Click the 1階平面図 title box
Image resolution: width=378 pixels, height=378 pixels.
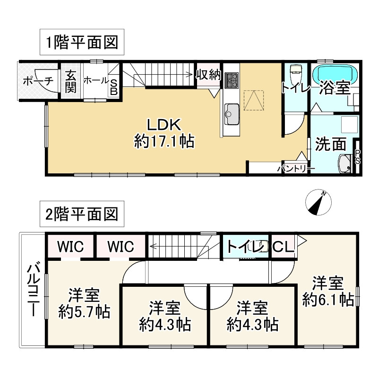82,42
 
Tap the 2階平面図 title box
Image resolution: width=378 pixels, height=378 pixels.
82,214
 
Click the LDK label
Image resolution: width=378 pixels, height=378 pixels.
164,125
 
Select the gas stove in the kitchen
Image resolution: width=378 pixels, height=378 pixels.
232,80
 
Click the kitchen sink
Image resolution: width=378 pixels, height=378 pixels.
232,114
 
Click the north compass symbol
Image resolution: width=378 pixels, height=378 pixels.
318,202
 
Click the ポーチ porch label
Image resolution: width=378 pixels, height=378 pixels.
38,81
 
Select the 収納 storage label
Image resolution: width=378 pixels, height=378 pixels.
208,75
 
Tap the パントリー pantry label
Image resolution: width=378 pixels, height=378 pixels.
296,169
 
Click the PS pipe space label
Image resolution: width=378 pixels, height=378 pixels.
358,157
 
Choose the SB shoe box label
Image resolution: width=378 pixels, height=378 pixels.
114,87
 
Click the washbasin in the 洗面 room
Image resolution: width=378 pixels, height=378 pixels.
344,163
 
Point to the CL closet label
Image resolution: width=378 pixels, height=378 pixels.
283,247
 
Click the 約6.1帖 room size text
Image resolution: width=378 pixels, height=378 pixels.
328,300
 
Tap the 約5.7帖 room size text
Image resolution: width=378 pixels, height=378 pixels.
84,312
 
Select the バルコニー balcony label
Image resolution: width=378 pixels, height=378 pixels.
33,289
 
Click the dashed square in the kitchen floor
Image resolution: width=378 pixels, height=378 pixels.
253,100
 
